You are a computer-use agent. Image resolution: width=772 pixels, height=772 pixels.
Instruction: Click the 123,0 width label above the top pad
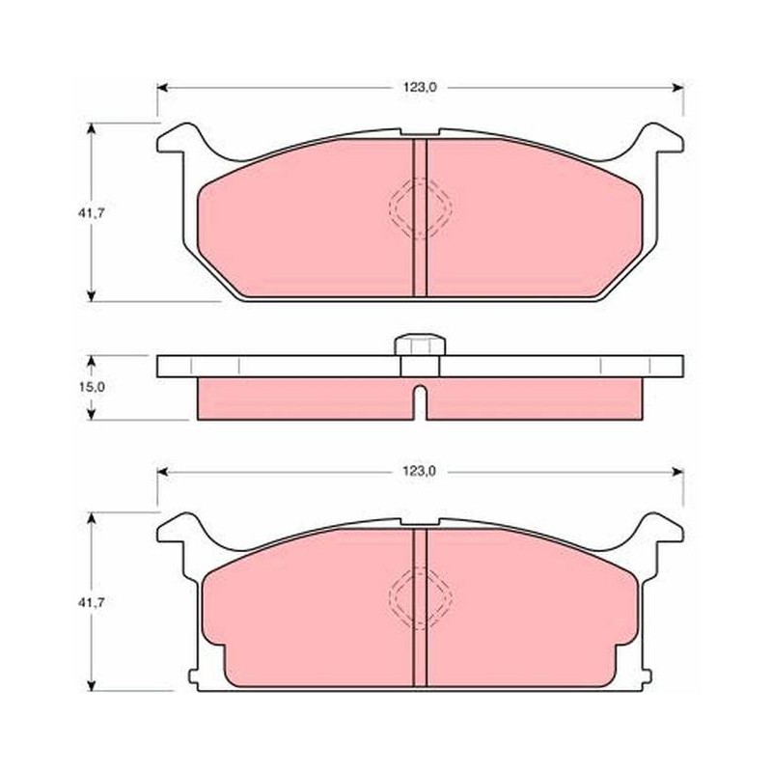pos(420,88)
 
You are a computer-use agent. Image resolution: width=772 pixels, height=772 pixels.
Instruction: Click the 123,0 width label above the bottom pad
pos(420,471)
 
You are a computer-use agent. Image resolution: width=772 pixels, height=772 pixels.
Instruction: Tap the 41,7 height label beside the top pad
pos(91,212)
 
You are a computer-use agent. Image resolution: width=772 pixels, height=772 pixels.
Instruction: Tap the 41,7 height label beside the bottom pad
pos(91,601)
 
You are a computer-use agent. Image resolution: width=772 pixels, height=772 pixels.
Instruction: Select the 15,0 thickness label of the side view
pos(92,387)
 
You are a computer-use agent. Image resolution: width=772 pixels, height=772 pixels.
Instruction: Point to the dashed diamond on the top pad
pos(420,208)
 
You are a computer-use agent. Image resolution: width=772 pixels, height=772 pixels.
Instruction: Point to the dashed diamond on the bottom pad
pos(420,597)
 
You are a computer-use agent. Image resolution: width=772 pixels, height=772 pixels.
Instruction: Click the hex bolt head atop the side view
pos(420,345)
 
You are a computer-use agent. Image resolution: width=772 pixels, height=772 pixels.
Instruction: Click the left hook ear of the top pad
pos(179,139)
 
